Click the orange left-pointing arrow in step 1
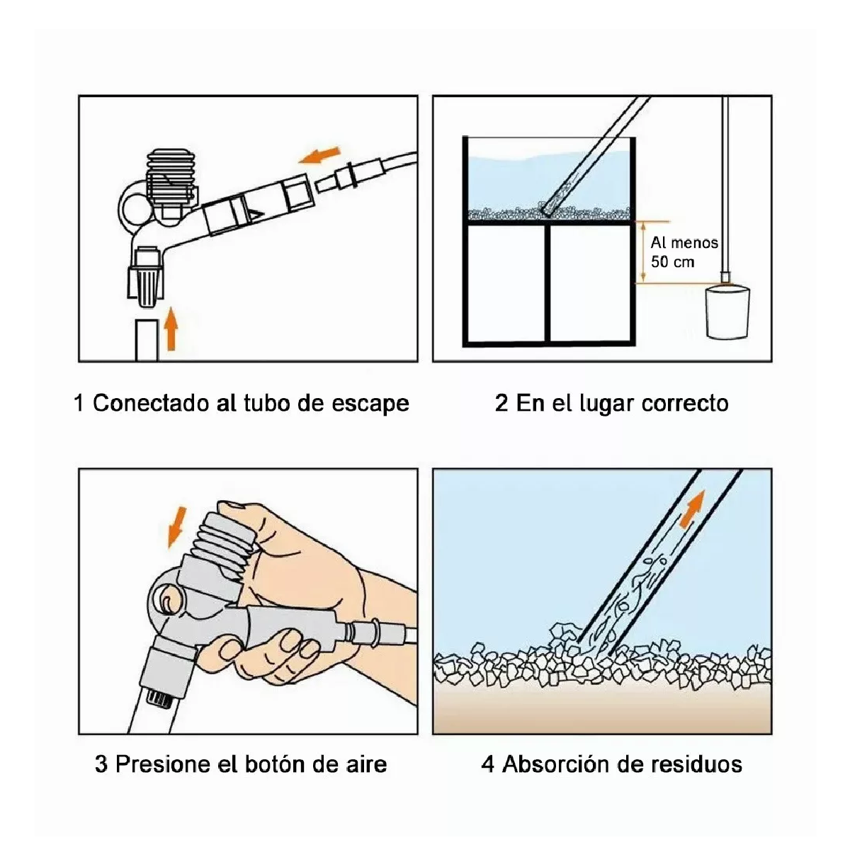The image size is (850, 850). point(319,155)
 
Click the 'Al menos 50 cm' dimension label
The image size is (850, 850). point(683,252)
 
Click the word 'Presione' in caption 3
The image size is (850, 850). point(159,764)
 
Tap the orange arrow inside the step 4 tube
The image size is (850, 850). point(695,507)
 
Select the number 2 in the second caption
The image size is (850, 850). point(501,404)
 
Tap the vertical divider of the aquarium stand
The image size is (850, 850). point(548,283)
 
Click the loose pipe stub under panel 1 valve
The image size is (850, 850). point(146,340)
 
